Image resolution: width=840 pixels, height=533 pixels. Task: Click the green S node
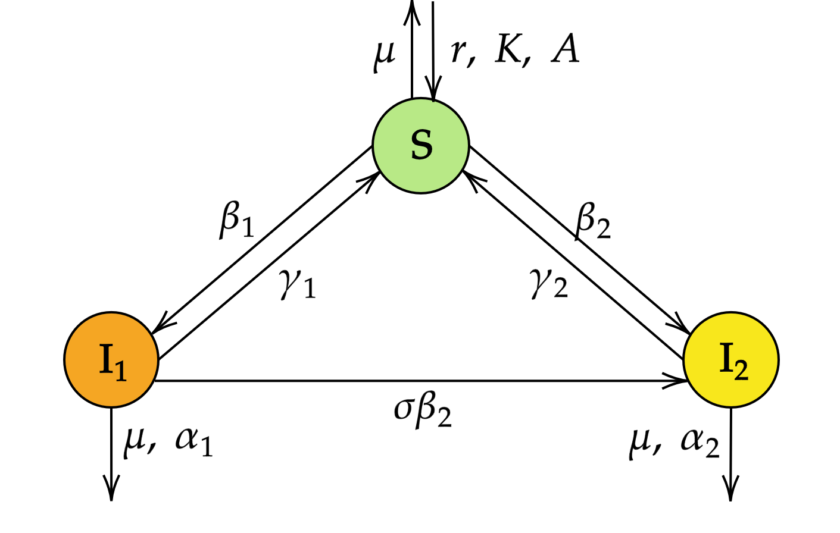tap(421, 145)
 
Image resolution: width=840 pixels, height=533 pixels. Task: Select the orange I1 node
tap(111, 360)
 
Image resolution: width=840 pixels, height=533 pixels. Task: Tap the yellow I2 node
tap(731, 360)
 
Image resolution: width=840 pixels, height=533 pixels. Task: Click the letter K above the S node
tap(508, 49)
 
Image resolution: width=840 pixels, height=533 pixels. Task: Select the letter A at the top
tap(565, 49)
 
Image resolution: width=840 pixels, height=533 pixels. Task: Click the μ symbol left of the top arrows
tap(384, 54)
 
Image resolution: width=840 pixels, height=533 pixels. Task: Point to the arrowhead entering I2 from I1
tap(677, 381)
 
